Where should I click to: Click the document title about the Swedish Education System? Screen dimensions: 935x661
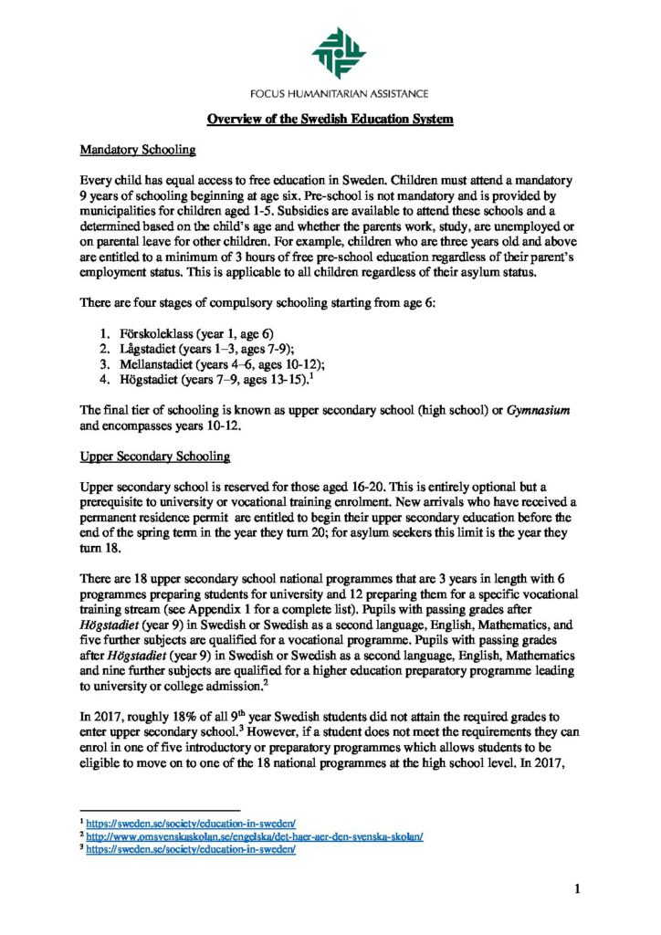pyautogui.click(x=330, y=120)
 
